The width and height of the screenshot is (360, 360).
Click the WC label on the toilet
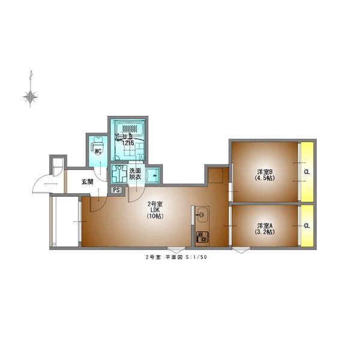(x=98, y=152)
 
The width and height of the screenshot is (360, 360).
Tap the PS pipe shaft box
(x=116, y=190)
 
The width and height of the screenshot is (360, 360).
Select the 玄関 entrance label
(x=88, y=182)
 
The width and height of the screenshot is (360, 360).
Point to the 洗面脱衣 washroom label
(x=135, y=174)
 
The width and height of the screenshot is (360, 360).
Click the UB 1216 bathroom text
(x=128, y=140)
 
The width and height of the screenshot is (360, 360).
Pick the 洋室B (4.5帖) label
(x=265, y=175)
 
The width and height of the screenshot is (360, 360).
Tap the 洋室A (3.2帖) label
(x=265, y=229)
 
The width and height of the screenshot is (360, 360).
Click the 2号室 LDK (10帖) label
(x=155, y=210)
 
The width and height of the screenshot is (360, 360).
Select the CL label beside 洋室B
(x=307, y=172)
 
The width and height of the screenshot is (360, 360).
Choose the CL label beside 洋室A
(x=307, y=226)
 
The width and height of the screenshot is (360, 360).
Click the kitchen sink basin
(x=202, y=214)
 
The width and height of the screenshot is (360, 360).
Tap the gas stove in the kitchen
(x=202, y=237)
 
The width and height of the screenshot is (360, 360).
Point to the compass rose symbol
(x=31, y=97)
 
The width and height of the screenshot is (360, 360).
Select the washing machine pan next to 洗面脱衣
(x=119, y=173)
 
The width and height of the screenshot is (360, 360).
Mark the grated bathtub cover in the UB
(x=130, y=128)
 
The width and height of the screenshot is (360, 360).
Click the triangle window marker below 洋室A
(x=241, y=250)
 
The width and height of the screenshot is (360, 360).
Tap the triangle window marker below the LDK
(x=176, y=250)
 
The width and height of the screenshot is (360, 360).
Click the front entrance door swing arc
(x=40, y=181)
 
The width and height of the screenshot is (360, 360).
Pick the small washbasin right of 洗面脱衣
(x=152, y=176)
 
